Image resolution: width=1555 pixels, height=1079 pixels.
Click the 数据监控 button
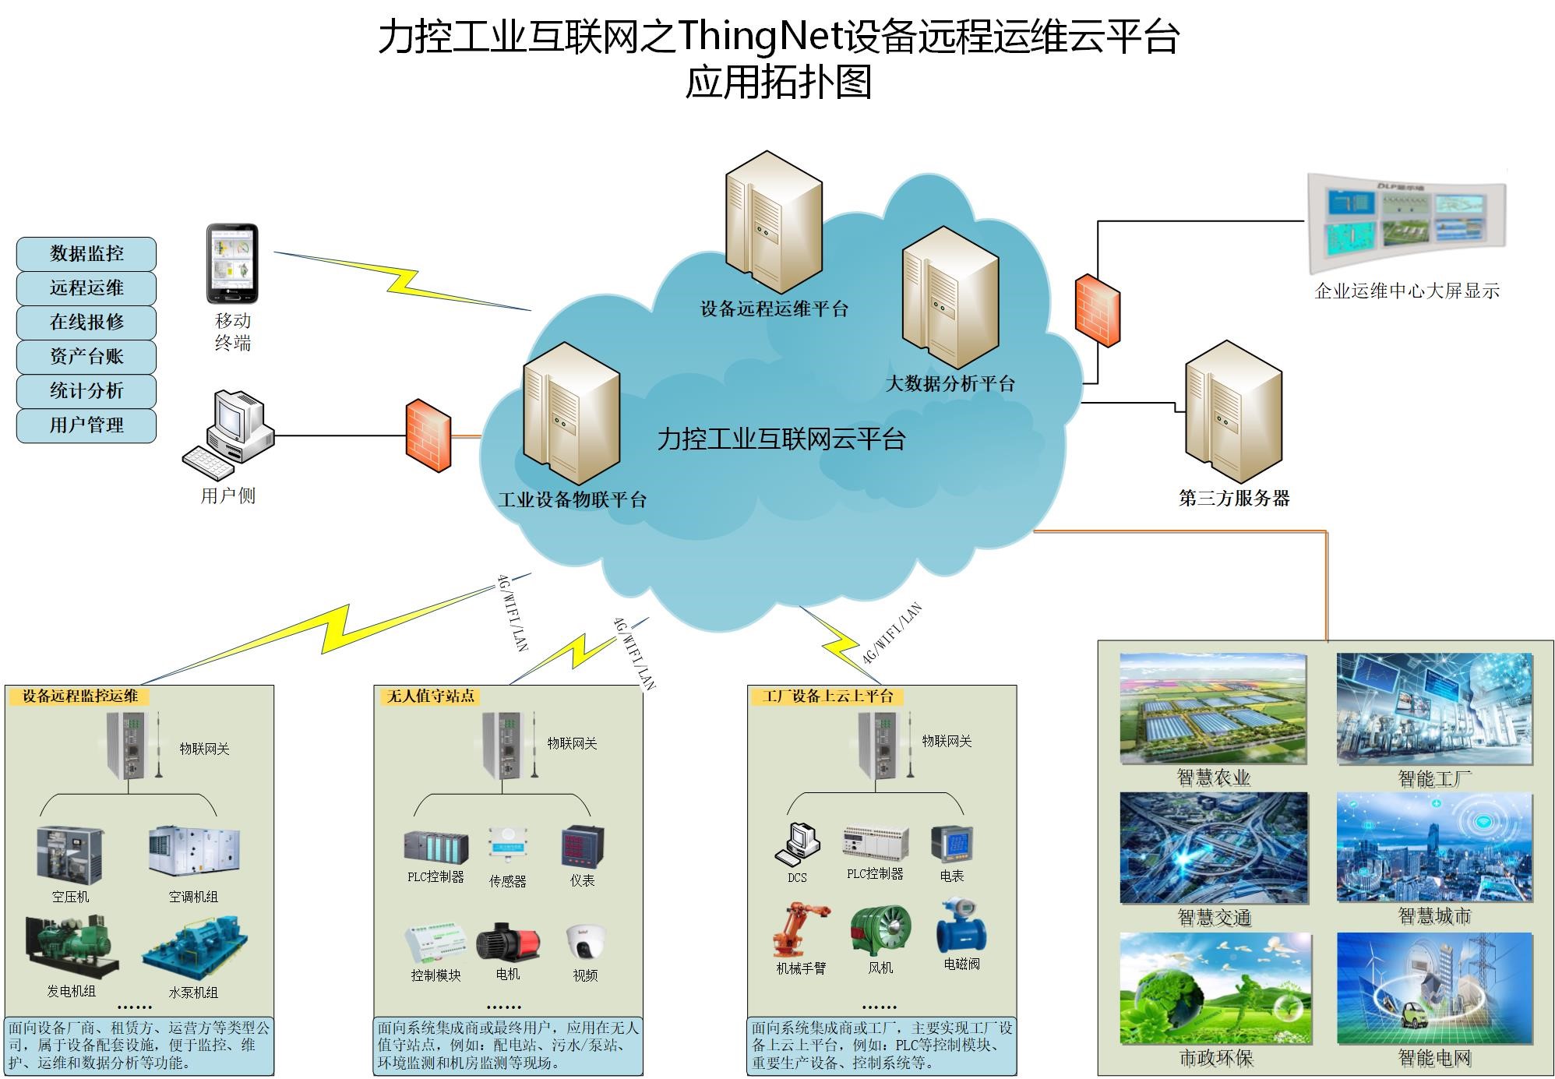tap(86, 254)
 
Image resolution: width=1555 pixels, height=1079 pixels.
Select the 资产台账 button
tap(86, 357)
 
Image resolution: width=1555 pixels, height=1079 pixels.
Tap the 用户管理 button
tap(86, 425)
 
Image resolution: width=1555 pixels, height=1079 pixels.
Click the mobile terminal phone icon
tap(232, 264)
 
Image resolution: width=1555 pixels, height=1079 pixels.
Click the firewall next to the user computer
tap(428, 435)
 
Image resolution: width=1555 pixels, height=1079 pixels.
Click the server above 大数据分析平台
tap(950, 297)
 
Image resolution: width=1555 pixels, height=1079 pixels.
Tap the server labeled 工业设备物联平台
tap(571, 414)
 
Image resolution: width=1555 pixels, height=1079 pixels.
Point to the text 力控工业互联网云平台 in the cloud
tap(781, 439)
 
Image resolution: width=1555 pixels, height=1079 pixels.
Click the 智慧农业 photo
tap(1213, 709)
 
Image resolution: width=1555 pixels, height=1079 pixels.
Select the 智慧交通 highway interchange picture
tap(1214, 848)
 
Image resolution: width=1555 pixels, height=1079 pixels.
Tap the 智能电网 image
tap(1434, 988)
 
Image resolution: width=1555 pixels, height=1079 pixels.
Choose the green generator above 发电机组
tap(72, 947)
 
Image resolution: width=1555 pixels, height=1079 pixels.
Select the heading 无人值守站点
tap(431, 696)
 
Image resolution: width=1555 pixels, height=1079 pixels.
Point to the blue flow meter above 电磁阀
tap(961, 925)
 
